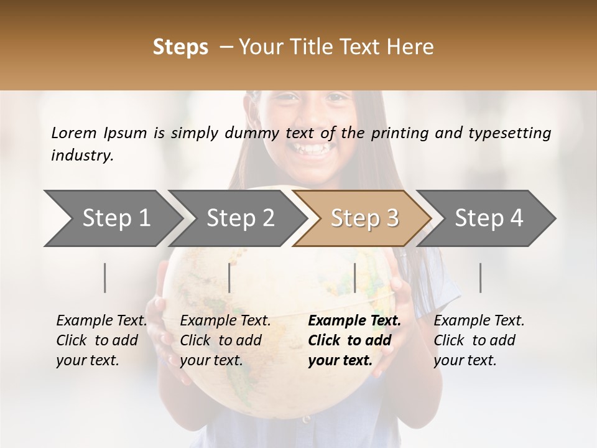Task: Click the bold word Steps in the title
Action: click(x=180, y=47)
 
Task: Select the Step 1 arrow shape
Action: click(x=112, y=218)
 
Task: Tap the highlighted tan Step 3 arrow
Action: click(x=363, y=218)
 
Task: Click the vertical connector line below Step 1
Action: click(x=105, y=278)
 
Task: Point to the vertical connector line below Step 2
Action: click(x=229, y=278)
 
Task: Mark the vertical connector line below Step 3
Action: click(x=355, y=278)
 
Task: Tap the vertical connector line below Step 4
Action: click(x=481, y=278)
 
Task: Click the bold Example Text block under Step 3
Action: click(x=354, y=340)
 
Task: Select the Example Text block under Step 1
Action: click(x=101, y=340)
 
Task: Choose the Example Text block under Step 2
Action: click(x=225, y=340)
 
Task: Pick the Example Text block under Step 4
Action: click(x=479, y=340)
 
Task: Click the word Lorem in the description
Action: click(x=74, y=133)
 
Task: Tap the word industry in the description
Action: click(x=81, y=155)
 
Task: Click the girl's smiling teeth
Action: click(x=308, y=150)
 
